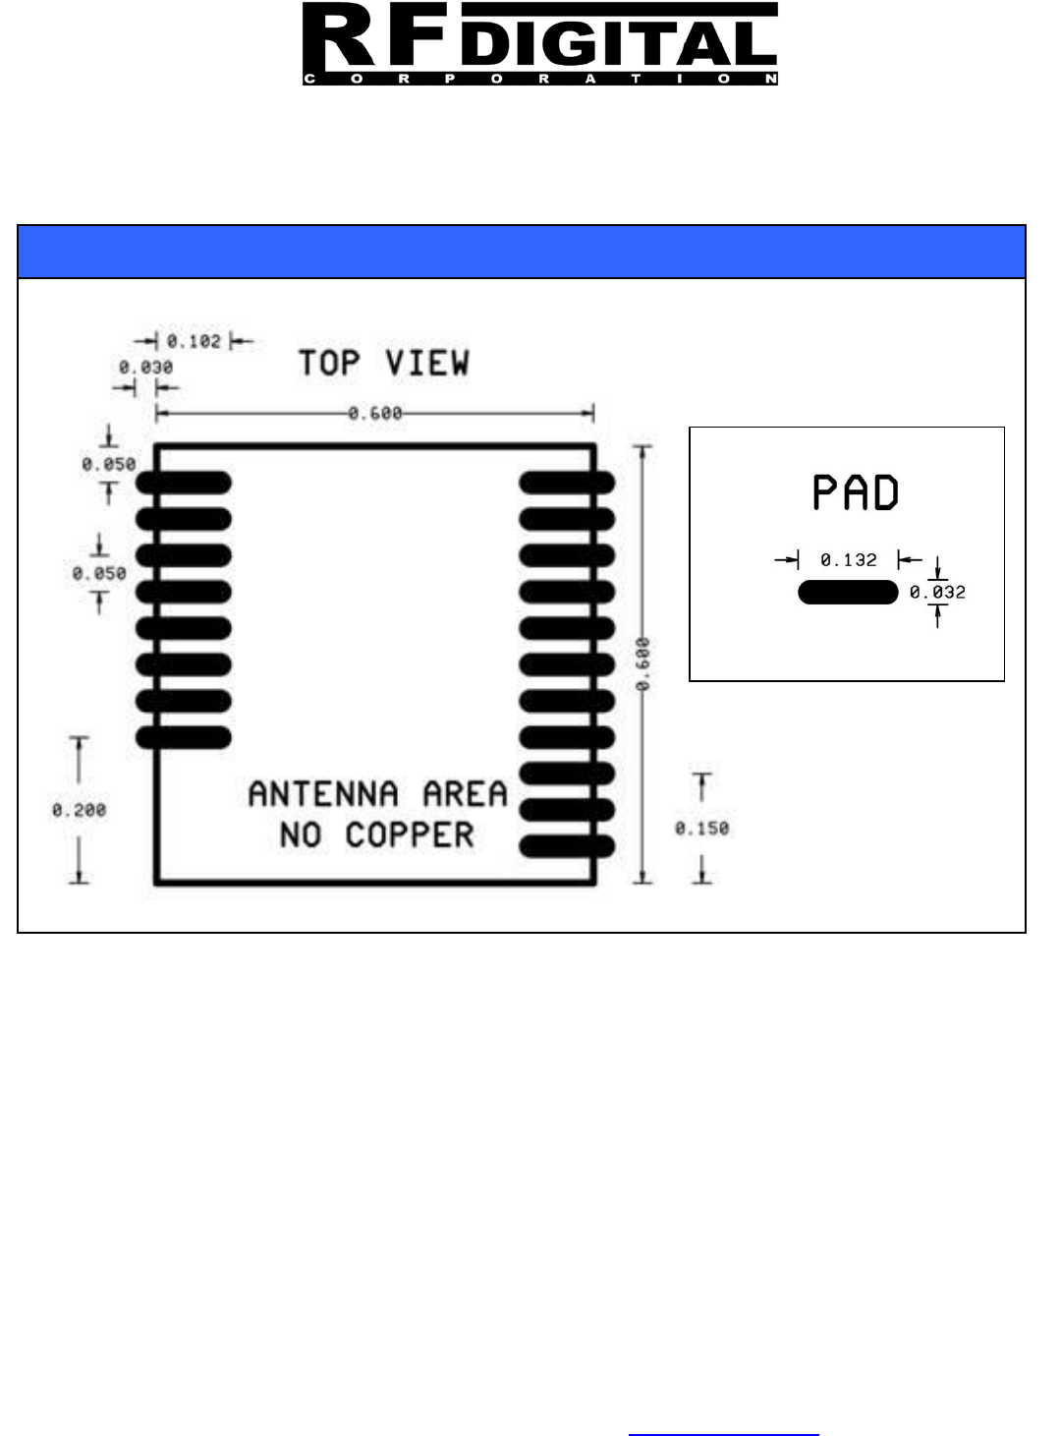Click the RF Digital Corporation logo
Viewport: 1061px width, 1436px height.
539,44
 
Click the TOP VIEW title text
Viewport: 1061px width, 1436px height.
384,363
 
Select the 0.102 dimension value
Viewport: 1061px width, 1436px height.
194,341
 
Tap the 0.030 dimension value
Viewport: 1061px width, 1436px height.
145,367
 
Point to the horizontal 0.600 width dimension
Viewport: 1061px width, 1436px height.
375,414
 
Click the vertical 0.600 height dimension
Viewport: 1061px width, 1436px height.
642,664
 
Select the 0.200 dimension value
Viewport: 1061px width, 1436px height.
79,810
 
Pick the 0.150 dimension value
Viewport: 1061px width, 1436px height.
701,829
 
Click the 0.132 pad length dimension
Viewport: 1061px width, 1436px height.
849,560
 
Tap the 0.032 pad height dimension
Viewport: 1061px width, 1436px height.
937,592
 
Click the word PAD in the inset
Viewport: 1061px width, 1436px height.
856,492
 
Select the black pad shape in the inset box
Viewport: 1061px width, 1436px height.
848,592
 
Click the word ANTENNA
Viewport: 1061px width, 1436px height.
323,793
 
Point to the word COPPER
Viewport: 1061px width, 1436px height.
409,834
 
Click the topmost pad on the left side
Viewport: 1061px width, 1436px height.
184,483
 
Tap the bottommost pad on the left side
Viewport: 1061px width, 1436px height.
184,737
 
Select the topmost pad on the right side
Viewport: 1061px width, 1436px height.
567,483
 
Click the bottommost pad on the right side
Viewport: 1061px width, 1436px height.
567,845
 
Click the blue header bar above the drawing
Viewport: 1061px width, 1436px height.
522,252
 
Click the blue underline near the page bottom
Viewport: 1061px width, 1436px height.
723,1434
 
